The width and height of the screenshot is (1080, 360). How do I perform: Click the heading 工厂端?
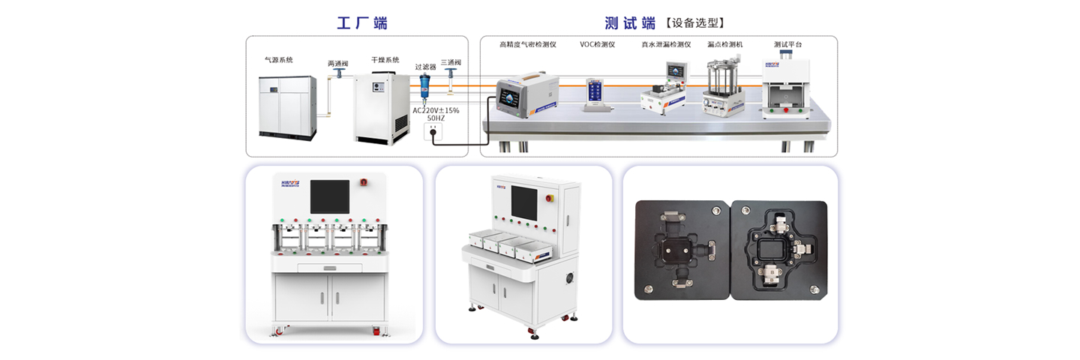coord(361,23)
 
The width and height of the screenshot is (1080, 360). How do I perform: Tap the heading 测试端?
coord(630,23)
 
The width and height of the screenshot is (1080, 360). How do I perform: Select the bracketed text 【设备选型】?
coord(695,23)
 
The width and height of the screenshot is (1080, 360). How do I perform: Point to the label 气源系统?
coord(278,59)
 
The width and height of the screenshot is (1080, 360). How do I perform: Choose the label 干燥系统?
coord(385,59)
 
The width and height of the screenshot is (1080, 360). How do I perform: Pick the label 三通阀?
coord(451,62)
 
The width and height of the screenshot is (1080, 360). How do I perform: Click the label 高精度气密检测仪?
coord(528,44)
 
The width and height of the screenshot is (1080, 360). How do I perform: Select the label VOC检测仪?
coord(597,44)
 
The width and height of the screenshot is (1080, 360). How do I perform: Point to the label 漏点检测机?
coord(724,44)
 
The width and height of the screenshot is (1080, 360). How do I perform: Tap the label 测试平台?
coord(787,44)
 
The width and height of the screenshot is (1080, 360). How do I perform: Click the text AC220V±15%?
coord(436,110)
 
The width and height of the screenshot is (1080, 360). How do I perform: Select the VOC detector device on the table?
coord(597,94)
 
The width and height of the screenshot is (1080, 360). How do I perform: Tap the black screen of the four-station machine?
coord(329,196)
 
